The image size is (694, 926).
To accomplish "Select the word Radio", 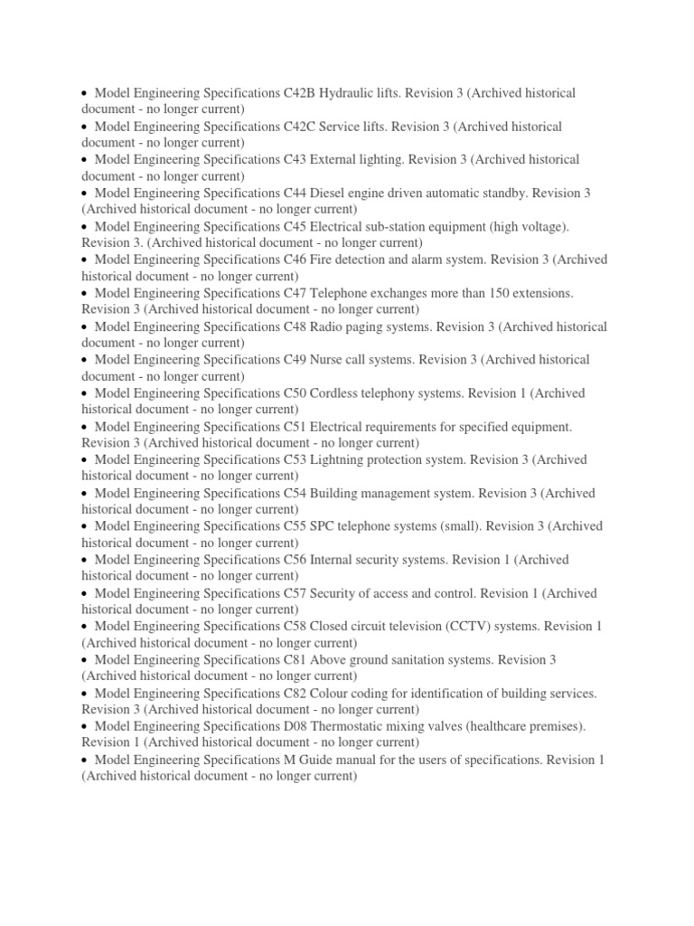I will pos(329,326).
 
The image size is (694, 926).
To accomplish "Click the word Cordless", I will pos(338,393).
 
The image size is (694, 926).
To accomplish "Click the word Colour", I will pos(332,694).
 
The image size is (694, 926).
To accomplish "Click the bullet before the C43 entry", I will pos(84,160).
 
